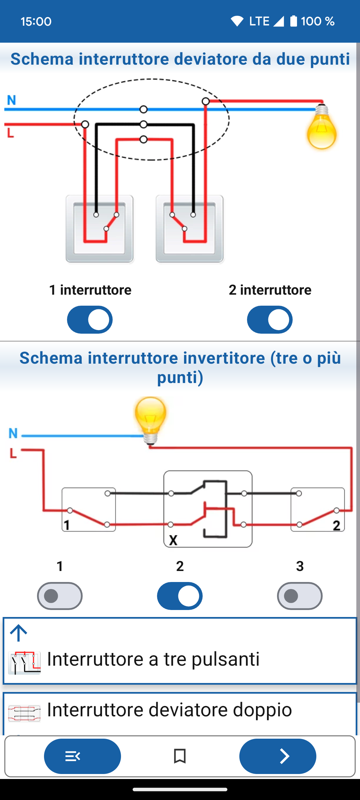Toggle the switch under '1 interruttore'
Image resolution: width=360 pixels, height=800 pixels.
click(x=90, y=319)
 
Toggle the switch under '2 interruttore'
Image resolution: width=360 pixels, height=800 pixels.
click(x=270, y=319)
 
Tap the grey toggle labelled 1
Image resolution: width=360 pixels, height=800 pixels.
click(x=60, y=596)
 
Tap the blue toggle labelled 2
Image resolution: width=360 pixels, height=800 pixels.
click(x=180, y=596)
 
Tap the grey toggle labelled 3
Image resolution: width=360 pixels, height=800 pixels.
click(x=300, y=596)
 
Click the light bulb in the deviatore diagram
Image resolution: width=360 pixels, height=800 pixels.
click(x=322, y=127)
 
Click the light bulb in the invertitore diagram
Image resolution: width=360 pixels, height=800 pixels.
click(x=150, y=420)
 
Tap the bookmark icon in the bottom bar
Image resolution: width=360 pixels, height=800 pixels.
click(x=180, y=756)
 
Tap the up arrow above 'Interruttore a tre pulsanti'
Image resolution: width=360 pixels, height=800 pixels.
click(x=19, y=633)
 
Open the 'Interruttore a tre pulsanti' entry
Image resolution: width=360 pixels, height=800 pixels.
click(x=153, y=659)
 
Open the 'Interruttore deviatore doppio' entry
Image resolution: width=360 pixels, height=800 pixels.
click(x=169, y=709)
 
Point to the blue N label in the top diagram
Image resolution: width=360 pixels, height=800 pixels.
click(x=12, y=100)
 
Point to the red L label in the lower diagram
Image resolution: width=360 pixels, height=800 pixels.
click(x=13, y=453)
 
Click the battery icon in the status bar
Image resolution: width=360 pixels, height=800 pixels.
click(x=293, y=21)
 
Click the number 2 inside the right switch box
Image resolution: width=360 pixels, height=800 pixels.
click(x=337, y=526)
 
